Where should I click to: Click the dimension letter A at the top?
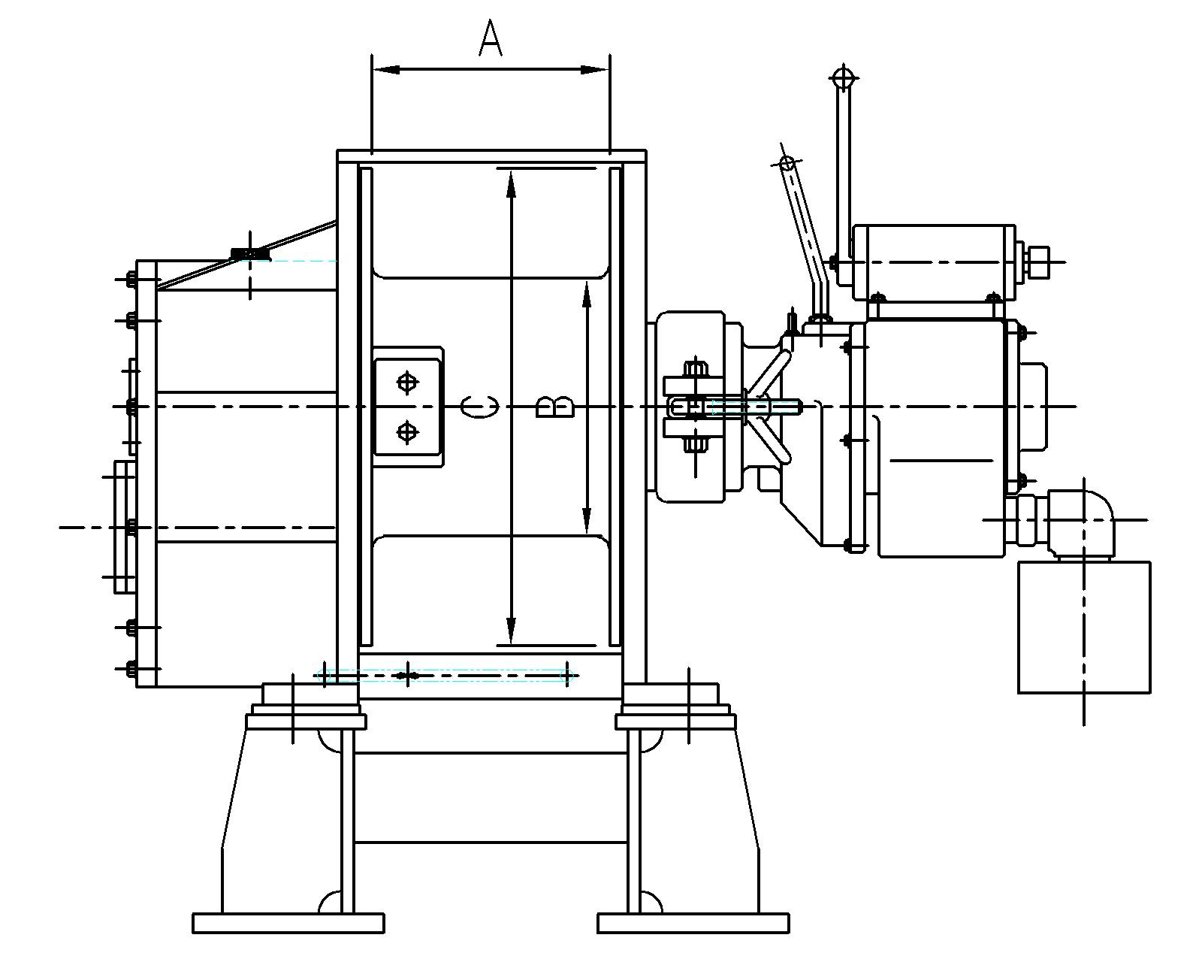[491, 38]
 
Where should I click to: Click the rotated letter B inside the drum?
[555, 407]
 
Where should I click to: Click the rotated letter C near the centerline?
[479, 406]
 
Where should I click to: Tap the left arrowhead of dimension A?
[385, 70]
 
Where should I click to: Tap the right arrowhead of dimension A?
[596, 70]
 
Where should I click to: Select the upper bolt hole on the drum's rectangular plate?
[407, 383]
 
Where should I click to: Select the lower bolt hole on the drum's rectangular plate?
[407, 431]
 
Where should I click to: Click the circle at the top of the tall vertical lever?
[844, 77]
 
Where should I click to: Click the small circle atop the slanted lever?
[787, 163]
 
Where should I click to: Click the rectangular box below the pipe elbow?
[1084, 627]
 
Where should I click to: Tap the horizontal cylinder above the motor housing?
[934, 262]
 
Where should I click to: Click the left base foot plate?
[288, 923]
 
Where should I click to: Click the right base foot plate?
[693, 923]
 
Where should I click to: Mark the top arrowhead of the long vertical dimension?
[511, 183]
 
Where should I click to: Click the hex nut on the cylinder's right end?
[1036, 262]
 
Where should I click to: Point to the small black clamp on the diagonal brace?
[250, 254]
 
